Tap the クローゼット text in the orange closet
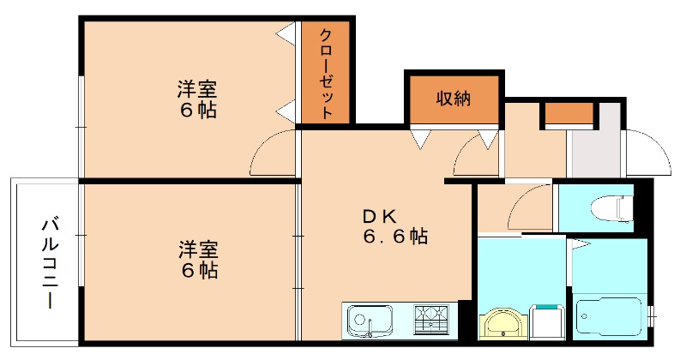coord(327,74)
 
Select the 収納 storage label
coord(453,99)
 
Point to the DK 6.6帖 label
coord(393,226)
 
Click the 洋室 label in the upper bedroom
coord(197,89)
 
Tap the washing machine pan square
coord(547,323)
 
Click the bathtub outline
coord(610,319)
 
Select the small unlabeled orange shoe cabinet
coord(569,113)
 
